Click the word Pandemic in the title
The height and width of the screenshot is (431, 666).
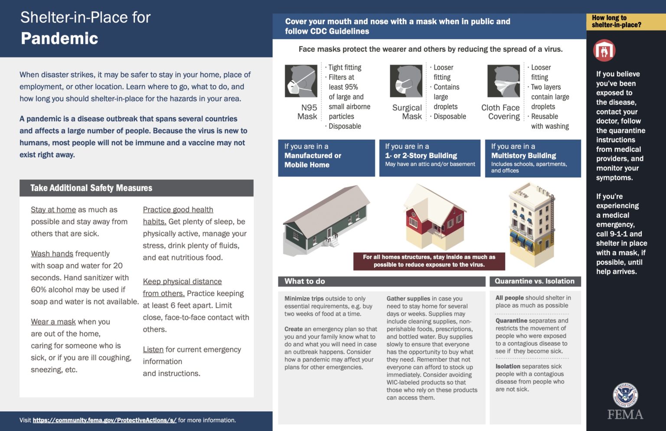pos(59,39)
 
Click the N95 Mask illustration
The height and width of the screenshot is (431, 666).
pos(300,81)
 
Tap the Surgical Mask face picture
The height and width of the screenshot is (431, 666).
pos(406,81)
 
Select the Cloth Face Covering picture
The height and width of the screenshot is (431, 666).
pos(503,81)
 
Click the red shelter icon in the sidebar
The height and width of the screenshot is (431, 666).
pos(604,51)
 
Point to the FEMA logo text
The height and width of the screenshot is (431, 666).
pos(625,415)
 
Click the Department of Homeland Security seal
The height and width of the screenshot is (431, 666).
pos(625,395)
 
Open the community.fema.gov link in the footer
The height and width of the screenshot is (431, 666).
pos(104,420)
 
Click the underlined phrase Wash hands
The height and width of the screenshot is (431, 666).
pos(52,254)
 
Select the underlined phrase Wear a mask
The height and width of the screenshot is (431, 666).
pos(53,322)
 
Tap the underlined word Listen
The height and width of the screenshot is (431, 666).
pos(153,349)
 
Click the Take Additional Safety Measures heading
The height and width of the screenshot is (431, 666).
pos(91,188)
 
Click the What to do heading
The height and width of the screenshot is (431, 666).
pos(304,281)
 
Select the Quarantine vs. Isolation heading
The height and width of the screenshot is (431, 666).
pos(534,281)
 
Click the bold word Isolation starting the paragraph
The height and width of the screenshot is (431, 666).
pos(508,366)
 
